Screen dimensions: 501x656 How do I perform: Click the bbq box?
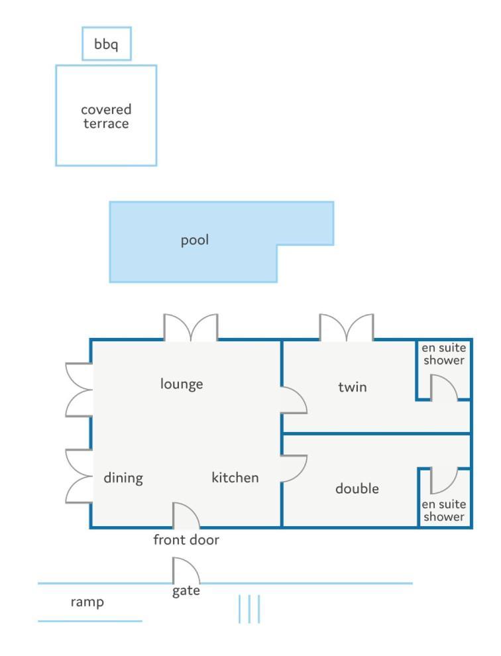coord(106,44)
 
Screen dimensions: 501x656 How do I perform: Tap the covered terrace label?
coord(106,117)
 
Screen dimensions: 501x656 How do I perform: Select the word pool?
coord(195,240)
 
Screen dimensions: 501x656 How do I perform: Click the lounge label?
coord(182,384)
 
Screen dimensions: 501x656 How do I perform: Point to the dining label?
coord(123,478)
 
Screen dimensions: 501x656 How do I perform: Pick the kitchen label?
coord(235,477)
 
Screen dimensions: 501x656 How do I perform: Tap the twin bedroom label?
coord(353,387)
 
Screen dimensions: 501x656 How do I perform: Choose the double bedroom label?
coord(357,488)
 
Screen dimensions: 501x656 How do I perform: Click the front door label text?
coord(186,539)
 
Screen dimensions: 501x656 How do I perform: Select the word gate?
coord(186,591)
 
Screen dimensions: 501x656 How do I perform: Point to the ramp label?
coord(87,602)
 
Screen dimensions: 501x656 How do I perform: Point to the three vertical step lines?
coord(249,609)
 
